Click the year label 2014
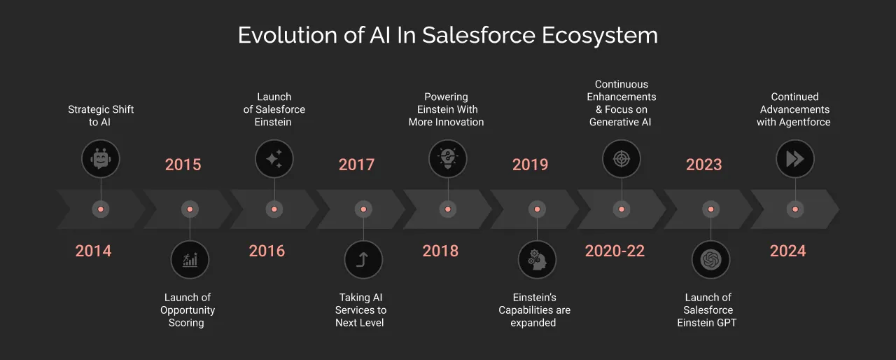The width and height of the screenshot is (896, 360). tap(93, 251)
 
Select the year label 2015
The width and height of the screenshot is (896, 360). tap(183, 165)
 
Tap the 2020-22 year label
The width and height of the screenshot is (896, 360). tap(615, 251)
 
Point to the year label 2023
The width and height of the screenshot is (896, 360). tap(703, 165)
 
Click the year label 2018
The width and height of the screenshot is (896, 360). tap(440, 251)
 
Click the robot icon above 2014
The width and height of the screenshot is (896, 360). tap(101, 158)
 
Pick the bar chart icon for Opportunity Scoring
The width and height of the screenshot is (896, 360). tap(190, 260)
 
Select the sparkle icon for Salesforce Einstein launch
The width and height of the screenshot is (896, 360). tap(274, 158)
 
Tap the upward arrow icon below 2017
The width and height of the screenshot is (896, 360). tap(363, 260)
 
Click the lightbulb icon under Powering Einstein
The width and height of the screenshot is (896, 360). tap(448, 158)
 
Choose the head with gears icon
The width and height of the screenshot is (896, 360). tap(537, 260)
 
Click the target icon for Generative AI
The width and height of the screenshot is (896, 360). tap(622, 158)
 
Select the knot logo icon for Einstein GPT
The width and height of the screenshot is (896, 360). tap(710, 260)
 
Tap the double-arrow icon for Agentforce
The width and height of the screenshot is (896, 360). tap(795, 158)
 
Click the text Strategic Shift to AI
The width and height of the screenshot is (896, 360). tap(101, 116)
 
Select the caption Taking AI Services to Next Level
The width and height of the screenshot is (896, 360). tap(360, 310)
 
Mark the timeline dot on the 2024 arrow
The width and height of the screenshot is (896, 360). tap(794, 209)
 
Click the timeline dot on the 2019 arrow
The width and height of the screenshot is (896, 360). tap(537, 209)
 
